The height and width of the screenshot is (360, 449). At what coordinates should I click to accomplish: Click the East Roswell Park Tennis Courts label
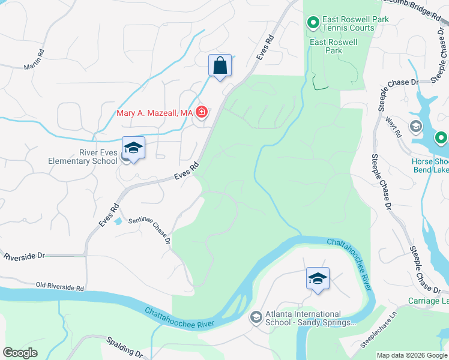355,23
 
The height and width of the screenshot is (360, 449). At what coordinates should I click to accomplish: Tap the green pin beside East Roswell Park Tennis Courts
312,24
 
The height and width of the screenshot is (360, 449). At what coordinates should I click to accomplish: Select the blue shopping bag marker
220,65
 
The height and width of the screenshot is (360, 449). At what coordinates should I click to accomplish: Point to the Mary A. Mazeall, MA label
154,113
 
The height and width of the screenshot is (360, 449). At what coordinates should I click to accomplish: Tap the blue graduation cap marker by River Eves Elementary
133,148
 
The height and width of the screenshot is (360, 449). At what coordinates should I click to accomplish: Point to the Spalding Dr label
124,347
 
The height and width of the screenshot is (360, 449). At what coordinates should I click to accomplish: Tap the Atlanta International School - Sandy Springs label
310,318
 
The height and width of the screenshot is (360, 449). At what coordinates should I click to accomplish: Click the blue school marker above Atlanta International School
318,278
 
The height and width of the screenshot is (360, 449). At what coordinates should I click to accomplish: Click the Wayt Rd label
394,128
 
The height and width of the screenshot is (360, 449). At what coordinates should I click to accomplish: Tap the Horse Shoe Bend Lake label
430,166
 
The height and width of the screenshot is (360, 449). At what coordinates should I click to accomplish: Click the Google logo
20,353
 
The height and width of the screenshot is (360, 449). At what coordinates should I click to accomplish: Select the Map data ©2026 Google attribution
412,355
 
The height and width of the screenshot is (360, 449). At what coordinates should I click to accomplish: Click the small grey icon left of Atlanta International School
256,316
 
